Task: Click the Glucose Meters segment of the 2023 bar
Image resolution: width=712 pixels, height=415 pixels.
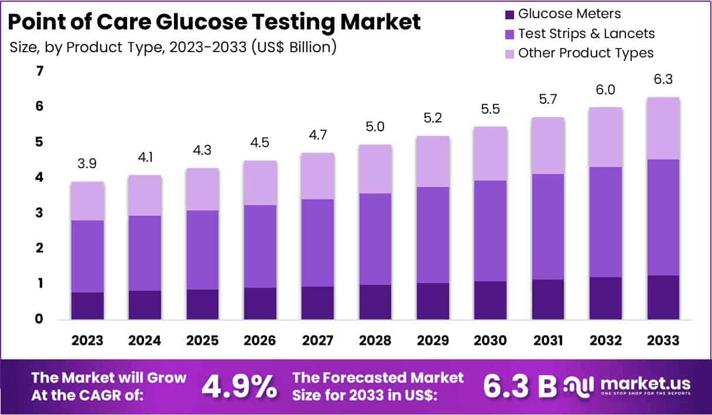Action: point(88,305)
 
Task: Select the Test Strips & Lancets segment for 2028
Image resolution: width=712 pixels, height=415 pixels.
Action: point(375,239)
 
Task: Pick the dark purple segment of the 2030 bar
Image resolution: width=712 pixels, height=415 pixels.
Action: point(490,300)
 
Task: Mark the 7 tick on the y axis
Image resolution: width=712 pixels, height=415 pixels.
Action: point(40,72)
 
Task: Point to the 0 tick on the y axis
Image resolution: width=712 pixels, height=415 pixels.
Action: point(40,319)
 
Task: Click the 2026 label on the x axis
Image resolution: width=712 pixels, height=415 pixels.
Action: point(260,341)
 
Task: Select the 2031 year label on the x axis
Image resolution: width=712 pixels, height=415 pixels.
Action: point(547,341)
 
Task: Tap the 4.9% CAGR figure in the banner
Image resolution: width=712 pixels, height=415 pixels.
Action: point(239,386)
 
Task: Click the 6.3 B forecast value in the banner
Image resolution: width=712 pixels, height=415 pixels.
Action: point(519,385)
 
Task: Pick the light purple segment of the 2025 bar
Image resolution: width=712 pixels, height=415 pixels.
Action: point(203,189)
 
